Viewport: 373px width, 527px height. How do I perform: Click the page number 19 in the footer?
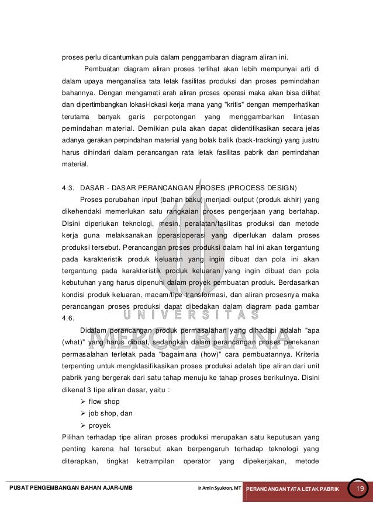tap(360, 488)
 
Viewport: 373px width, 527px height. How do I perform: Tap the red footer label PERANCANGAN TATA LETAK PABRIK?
tap(292, 488)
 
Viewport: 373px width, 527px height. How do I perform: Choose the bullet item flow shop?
tap(103, 402)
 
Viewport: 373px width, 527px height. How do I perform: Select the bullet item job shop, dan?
tap(110, 413)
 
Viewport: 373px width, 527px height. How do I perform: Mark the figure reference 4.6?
tap(68, 318)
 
